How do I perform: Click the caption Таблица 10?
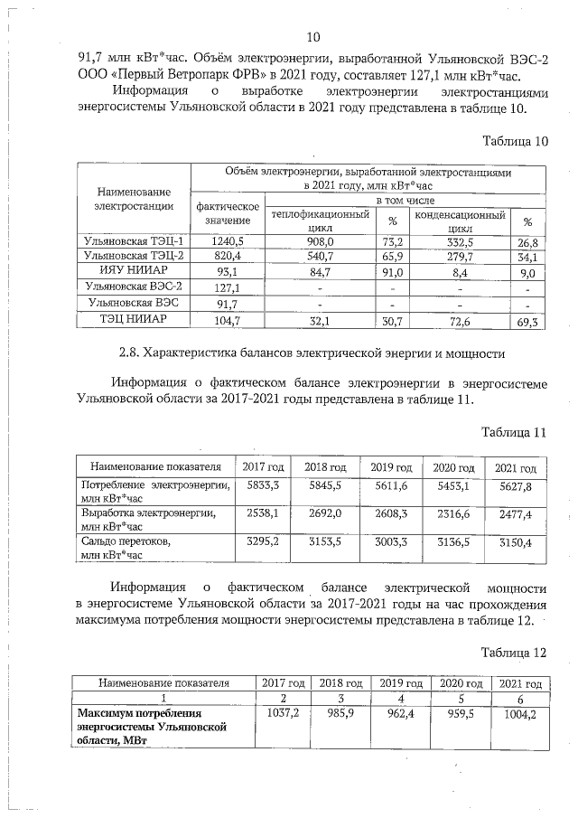(515, 142)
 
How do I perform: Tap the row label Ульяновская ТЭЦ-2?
(133, 257)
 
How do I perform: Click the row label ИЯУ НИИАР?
(133, 272)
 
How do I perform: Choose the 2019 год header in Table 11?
(391, 467)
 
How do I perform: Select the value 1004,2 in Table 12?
(518, 713)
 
